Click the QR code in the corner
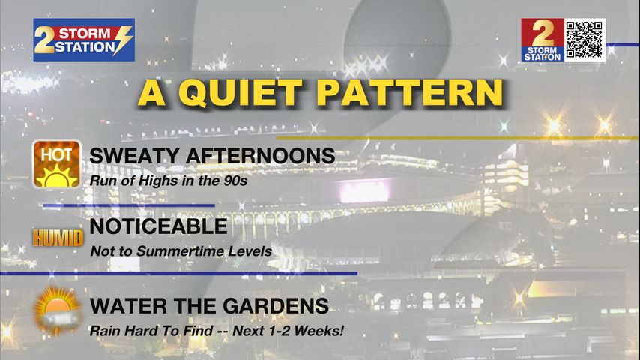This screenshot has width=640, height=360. click(x=585, y=40)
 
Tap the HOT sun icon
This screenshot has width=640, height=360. click(x=57, y=164)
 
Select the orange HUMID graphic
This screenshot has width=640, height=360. click(x=58, y=238)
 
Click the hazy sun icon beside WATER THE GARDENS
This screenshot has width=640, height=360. click(x=57, y=310)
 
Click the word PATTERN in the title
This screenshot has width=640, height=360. click(x=410, y=93)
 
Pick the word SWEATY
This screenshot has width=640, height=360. click(x=134, y=156)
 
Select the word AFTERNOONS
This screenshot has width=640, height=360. click(x=260, y=156)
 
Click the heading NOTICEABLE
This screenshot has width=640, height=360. click(x=158, y=226)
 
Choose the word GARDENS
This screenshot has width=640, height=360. click(x=276, y=306)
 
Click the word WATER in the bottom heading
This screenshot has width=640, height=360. click(x=129, y=306)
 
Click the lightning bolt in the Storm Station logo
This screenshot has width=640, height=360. click(x=122, y=40)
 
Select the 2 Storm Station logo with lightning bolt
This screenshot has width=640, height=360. click(x=84, y=40)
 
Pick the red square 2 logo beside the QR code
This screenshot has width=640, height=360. click(x=543, y=40)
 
